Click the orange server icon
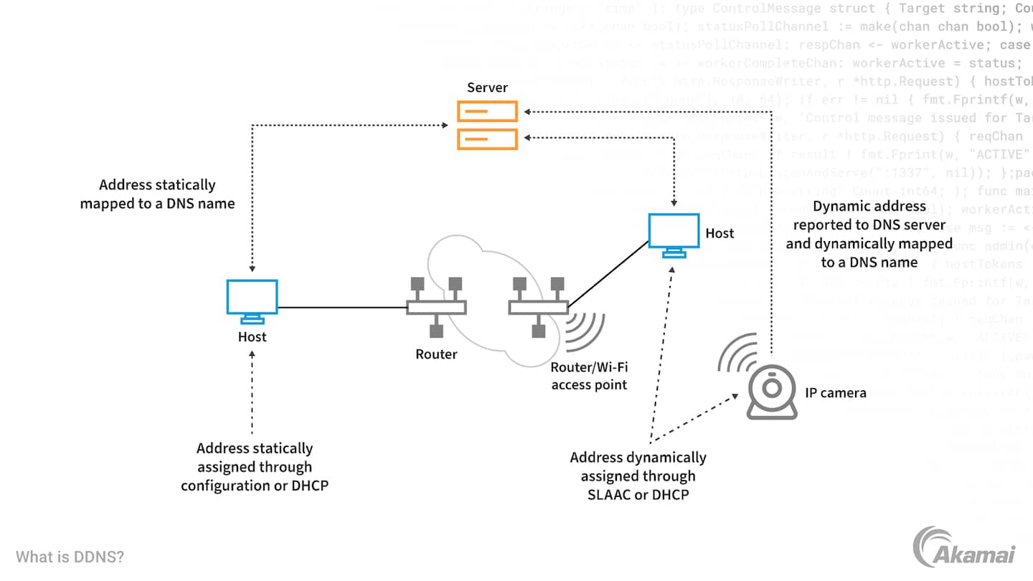click(x=488, y=125)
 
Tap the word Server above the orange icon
click(x=487, y=88)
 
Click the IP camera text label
click(x=835, y=392)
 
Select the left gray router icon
click(x=436, y=307)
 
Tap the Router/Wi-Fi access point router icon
click(x=538, y=307)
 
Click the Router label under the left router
click(x=436, y=354)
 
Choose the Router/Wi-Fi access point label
click(x=589, y=376)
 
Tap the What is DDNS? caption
click(x=70, y=557)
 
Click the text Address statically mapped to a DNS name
click(x=157, y=194)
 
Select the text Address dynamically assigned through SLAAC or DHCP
click(x=638, y=476)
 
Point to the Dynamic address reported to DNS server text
click(x=869, y=234)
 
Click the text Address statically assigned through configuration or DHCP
click(x=255, y=467)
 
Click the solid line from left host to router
click(x=342, y=308)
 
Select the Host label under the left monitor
click(x=252, y=337)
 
